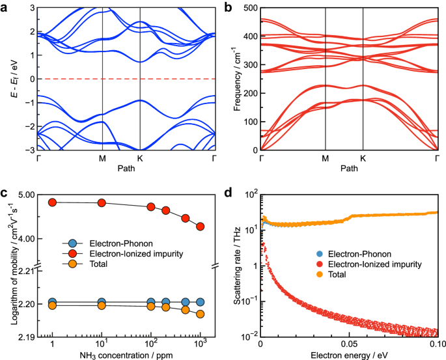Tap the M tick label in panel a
click(102, 158)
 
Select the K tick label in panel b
click(363, 158)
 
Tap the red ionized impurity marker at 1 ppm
click(53, 202)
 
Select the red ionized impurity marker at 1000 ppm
click(201, 227)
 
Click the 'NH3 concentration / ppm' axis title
click(126, 355)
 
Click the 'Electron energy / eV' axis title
click(350, 355)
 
